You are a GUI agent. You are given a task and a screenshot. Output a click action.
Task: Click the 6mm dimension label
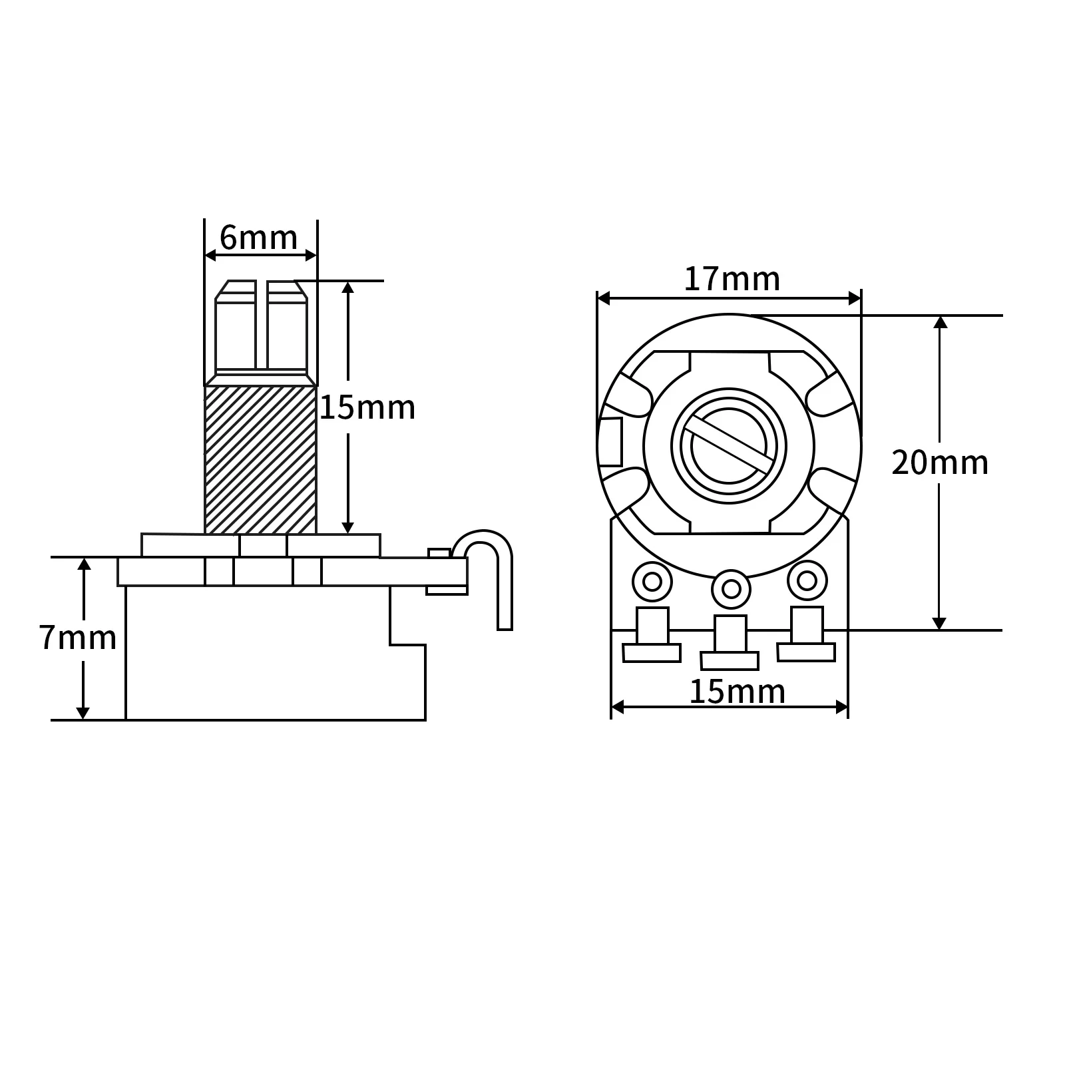(258, 238)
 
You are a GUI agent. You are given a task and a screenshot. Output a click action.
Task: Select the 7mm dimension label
(77, 638)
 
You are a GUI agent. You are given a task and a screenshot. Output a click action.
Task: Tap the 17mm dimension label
(732, 279)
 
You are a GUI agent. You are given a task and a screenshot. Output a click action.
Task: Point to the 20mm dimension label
(939, 463)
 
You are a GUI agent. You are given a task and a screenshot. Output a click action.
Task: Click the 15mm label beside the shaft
(367, 407)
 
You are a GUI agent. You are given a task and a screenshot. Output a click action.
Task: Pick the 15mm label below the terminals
(736, 692)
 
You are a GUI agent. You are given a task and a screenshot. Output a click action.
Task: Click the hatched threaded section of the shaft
(260, 459)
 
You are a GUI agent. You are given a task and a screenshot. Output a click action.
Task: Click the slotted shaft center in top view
(729, 446)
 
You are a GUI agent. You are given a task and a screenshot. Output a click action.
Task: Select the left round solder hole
(652, 581)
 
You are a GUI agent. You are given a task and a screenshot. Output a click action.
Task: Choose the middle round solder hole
(731, 588)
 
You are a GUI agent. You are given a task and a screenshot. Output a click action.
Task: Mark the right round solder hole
(807, 580)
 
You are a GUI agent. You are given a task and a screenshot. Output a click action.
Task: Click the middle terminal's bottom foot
(730, 660)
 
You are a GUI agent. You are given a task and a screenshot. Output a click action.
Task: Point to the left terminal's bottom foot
(652, 653)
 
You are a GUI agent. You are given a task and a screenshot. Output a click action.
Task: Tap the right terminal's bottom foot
(806, 652)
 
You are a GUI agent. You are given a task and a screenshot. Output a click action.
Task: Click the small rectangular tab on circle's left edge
(610, 442)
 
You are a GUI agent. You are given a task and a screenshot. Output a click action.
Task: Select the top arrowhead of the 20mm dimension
(939, 322)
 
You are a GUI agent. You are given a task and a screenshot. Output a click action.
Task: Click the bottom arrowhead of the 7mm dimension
(83, 712)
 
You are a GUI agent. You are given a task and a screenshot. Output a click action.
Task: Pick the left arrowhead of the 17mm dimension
(604, 298)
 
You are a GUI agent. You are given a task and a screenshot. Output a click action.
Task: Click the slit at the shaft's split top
(262, 325)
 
